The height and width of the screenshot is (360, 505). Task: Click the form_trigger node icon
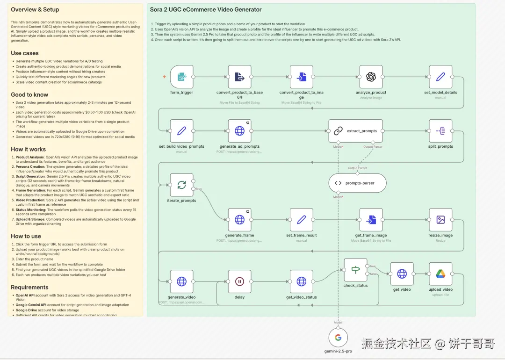coord(182,77)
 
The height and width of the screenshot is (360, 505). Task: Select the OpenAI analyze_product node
coord(371,77)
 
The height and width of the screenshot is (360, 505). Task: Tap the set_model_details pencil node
coord(440,77)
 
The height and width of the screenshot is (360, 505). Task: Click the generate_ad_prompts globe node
coord(239,131)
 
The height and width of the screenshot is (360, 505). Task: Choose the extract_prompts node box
coord(355,131)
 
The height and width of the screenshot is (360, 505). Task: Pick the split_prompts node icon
coord(440,131)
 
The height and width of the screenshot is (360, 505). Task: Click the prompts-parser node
coord(358,183)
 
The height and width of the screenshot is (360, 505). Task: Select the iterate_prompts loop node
coord(182,185)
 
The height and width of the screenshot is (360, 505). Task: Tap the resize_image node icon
coord(440,220)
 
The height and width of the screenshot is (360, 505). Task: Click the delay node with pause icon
coord(239,281)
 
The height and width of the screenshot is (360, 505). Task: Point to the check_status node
coord(356,270)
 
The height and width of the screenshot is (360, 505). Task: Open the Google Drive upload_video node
coord(440,274)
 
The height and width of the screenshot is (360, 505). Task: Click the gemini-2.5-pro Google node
coord(338,338)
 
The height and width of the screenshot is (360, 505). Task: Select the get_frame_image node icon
coord(371,220)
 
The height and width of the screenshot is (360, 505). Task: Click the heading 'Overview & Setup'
coord(35,10)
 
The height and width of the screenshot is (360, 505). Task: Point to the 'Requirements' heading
coord(29,287)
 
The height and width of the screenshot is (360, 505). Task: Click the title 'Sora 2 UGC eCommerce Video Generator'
coord(206,10)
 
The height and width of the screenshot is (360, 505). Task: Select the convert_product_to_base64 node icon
coord(239,77)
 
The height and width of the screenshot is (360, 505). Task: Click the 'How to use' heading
coord(26,236)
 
